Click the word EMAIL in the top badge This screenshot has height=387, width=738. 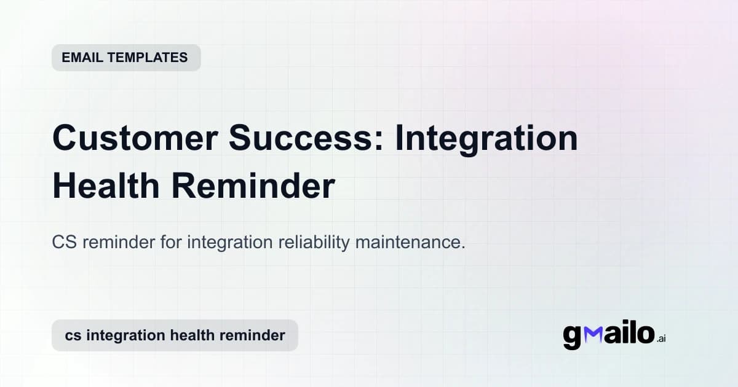tap(82, 58)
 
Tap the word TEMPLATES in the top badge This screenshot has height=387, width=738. tap(148, 58)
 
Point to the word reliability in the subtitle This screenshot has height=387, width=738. tap(312, 243)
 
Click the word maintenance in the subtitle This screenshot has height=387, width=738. tap(409, 243)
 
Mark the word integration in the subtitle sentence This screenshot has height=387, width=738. tap(226, 243)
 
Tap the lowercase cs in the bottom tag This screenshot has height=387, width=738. tap(73, 335)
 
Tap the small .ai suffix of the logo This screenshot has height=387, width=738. tap(661, 338)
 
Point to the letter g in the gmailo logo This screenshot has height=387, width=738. tap(573, 337)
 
